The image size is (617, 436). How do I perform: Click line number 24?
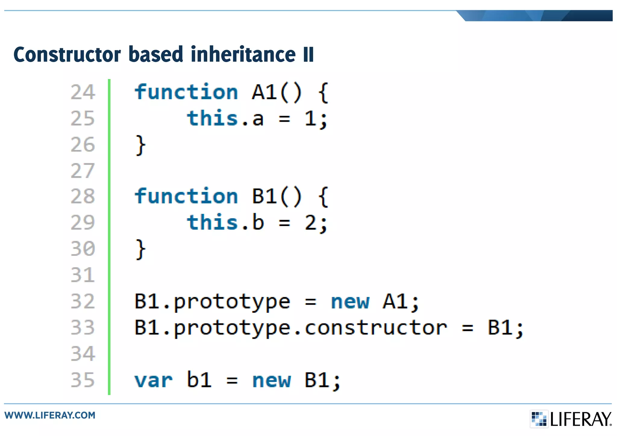[83, 92]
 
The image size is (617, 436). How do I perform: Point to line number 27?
[83, 171]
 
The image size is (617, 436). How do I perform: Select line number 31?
[83, 275]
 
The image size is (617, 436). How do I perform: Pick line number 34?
[83, 354]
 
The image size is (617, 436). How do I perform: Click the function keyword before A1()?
[186, 92]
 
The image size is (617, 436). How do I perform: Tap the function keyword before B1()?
[186, 196]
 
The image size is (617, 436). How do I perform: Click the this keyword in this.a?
[212, 118]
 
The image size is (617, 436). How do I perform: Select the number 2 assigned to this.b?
[310, 223]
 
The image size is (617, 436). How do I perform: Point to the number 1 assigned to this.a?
[310, 118]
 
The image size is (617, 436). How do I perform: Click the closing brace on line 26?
[140, 145]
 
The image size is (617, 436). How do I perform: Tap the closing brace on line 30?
[140, 249]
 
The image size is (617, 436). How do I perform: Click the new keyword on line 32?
[349, 302]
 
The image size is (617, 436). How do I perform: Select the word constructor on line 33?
[376, 328]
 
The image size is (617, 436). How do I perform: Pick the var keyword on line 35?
[153, 380]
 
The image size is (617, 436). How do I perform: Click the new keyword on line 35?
[271, 380]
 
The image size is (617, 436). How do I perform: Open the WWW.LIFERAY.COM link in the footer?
[50, 415]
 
